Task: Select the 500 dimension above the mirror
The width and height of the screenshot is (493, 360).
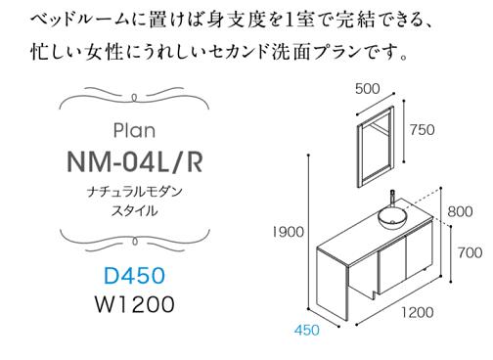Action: [368, 88]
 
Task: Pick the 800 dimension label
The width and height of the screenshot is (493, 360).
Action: [460, 210]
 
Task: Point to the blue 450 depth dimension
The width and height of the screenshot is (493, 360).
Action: [306, 332]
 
